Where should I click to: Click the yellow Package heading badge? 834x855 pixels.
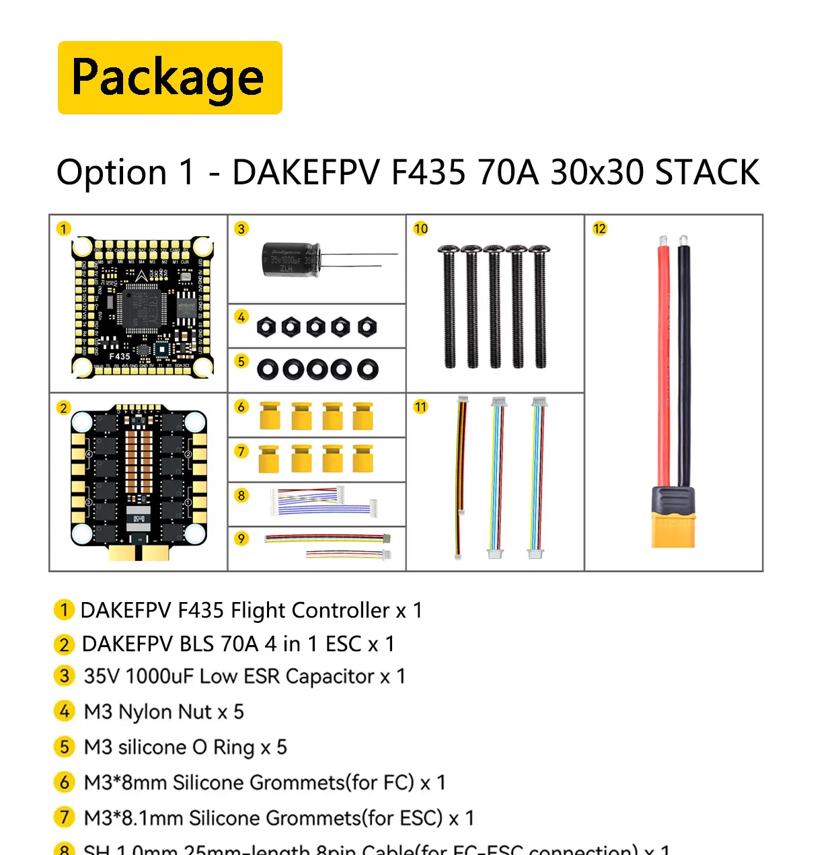(169, 77)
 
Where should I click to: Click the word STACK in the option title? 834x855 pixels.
(707, 172)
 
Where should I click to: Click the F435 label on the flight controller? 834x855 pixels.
(120, 357)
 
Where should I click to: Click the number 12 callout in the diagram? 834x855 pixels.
(599, 229)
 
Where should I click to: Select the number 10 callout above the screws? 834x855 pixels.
(420, 229)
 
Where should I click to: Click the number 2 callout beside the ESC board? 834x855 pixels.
(63, 408)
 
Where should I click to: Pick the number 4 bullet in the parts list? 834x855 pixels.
(64, 711)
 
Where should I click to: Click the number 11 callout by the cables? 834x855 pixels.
(420, 407)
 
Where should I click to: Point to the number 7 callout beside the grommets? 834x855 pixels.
(241, 451)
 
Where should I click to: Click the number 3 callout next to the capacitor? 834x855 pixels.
(241, 229)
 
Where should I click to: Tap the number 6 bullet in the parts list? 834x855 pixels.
(64, 782)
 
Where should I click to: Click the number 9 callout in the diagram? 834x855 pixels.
(241, 538)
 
